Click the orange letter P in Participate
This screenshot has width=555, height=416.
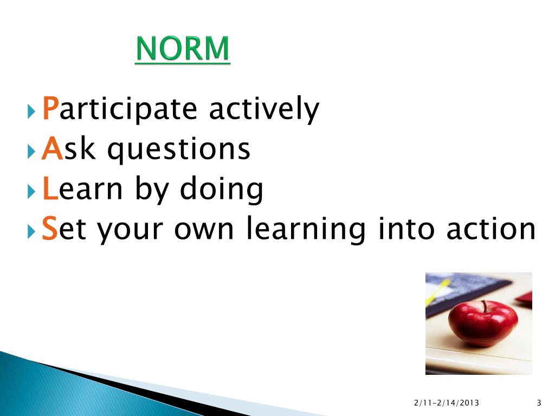click(x=50, y=108)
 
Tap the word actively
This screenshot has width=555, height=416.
click(x=264, y=109)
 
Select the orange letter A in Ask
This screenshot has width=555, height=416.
click(x=53, y=148)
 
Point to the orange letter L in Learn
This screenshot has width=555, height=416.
click(x=50, y=188)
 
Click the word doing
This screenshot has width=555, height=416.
click(x=222, y=189)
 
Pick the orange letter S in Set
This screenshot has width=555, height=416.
click(x=49, y=229)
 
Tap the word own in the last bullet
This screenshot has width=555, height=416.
click(x=204, y=230)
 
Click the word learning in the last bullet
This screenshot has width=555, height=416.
click(x=306, y=229)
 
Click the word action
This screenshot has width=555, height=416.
click(x=491, y=229)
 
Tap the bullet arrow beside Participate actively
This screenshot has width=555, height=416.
click(x=31, y=112)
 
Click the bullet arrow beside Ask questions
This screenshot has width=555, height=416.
click(x=31, y=152)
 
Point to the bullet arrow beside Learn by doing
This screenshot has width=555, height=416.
click(x=31, y=192)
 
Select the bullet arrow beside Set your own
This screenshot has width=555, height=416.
click(x=31, y=232)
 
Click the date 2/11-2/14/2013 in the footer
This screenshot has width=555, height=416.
click(x=447, y=403)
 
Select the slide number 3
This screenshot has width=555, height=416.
click(x=539, y=403)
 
